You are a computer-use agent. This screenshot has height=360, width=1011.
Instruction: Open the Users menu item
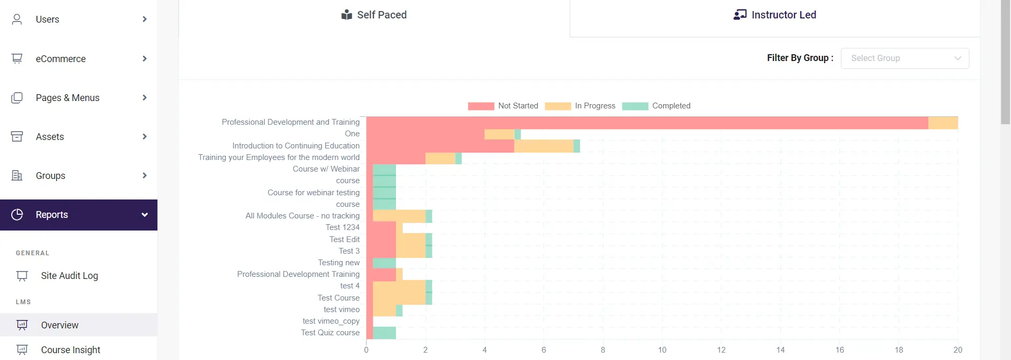pos(47,19)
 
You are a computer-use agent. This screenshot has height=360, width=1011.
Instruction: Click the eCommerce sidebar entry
pos(61,59)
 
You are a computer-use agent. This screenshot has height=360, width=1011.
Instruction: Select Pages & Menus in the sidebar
pos(67,98)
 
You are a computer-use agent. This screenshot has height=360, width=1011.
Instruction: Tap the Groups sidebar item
pos(51,176)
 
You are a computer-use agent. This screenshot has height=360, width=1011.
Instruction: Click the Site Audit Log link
pos(69,276)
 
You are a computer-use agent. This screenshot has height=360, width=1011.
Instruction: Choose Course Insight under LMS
pos(71,350)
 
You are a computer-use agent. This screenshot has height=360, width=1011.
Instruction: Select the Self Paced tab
pos(374,15)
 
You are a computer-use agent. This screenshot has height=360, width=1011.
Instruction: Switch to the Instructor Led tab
pos(775,15)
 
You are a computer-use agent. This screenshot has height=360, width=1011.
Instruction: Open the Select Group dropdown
pos(905,58)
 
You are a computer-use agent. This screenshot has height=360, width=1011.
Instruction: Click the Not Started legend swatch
pos(481,106)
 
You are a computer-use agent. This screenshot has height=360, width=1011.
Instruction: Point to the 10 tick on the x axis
pos(662,350)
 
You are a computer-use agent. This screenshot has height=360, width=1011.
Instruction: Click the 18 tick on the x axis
pos(899,350)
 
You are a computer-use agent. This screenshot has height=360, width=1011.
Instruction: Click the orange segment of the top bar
pos(943,123)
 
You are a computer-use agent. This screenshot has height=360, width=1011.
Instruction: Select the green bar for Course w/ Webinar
pos(384,169)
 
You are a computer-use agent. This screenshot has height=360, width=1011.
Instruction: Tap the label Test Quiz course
pos(330,333)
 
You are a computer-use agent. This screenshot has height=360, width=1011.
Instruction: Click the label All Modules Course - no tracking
pos(302,216)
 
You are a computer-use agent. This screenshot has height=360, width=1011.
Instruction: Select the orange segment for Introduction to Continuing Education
pos(543,146)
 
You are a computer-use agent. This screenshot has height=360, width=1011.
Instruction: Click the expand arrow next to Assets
pos(144,137)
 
